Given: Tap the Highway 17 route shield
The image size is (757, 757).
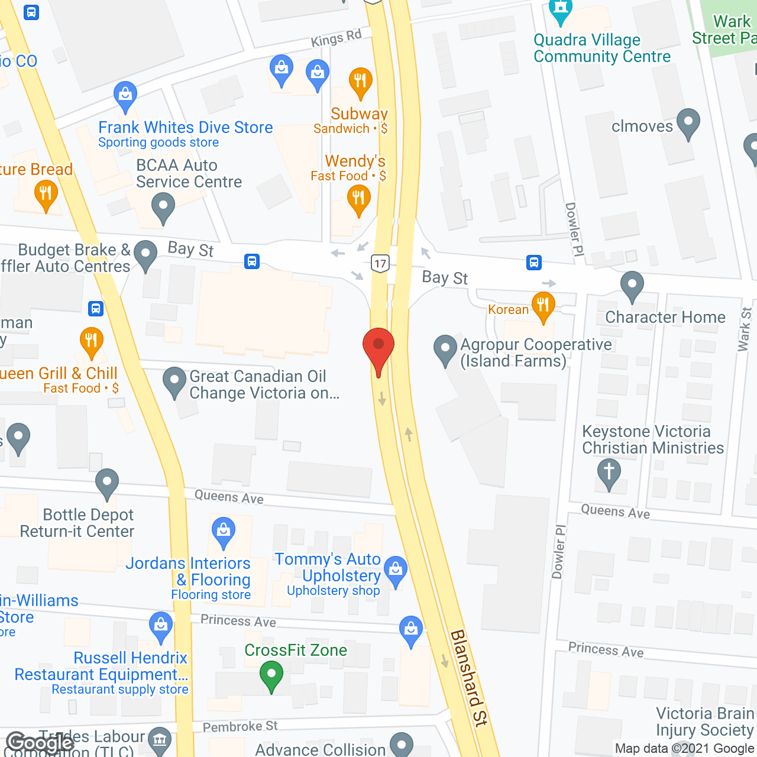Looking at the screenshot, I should [380, 264].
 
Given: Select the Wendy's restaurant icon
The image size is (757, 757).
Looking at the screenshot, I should [358, 199].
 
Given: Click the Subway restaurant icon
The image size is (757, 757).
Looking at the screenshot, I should [360, 82].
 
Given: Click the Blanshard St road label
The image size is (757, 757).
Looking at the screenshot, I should [469, 678].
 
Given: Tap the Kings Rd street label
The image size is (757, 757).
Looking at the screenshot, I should [336, 39].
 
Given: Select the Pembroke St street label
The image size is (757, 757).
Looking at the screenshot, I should [240, 726].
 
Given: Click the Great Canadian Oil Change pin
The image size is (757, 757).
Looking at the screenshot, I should [174, 381].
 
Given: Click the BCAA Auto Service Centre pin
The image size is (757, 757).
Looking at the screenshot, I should [163, 208].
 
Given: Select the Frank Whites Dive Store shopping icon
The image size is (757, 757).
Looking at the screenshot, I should [125, 95].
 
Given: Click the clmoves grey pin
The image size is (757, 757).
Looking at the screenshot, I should [688, 122].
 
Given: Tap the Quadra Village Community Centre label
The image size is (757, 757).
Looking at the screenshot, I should [602, 48].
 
